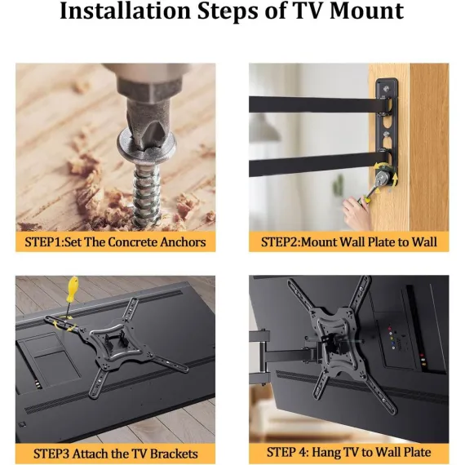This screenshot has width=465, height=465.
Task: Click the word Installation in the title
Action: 125,11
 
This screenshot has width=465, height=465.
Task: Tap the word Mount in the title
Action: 366,11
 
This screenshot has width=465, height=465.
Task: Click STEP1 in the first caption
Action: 43,242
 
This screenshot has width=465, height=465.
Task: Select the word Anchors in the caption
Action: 183,242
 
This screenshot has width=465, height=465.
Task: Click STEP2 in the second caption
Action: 281,242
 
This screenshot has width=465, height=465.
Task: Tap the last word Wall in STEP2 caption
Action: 424,242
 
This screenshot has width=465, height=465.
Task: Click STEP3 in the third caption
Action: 51,454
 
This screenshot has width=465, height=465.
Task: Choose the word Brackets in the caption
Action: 174,454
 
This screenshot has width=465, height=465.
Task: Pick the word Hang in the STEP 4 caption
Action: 326,452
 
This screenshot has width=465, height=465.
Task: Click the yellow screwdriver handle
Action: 73,289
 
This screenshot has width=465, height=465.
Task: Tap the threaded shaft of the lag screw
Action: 147,195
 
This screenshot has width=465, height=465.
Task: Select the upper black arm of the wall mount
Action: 318,104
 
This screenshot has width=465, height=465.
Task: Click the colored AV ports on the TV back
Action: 392,338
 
